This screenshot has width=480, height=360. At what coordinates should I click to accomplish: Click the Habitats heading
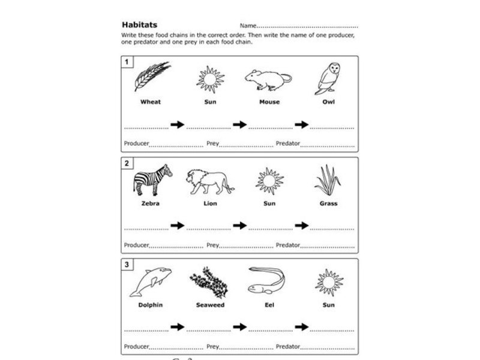click(x=139, y=25)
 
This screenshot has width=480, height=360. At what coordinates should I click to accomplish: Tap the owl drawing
click(x=328, y=78)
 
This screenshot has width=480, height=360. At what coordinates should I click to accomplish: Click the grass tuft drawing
click(x=328, y=180)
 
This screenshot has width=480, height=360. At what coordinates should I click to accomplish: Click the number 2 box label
click(x=127, y=164)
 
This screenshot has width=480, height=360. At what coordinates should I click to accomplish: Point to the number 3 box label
click(x=127, y=265)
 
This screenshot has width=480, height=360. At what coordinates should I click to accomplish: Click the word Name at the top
click(x=247, y=26)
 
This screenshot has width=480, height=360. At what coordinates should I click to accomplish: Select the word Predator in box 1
click(x=288, y=143)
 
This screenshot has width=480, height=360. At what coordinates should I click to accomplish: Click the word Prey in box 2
click(x=212, y=245)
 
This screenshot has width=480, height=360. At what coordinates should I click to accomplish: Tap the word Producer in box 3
click(x=136, y=346)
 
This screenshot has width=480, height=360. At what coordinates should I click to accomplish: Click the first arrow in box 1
click(x=178, y=124)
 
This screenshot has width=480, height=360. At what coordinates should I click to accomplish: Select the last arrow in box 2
click(x=301, y=226)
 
